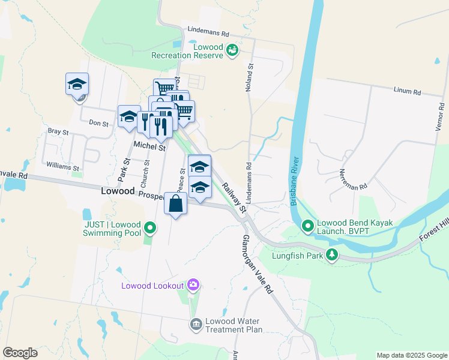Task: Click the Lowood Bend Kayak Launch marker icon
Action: (x=308, y=227)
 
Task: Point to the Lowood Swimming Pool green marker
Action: (x=150, y=228)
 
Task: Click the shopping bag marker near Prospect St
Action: (x=175, y=204)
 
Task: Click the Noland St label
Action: (x=248, y=79)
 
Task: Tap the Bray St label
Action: (x=58, y=131)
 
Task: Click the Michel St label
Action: (x=149, y=145)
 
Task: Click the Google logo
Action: (x=20, y=353)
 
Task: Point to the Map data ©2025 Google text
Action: (x=411, y=355)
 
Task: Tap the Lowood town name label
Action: (x=118, y=190)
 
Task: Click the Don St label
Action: (x=98, y=124)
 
